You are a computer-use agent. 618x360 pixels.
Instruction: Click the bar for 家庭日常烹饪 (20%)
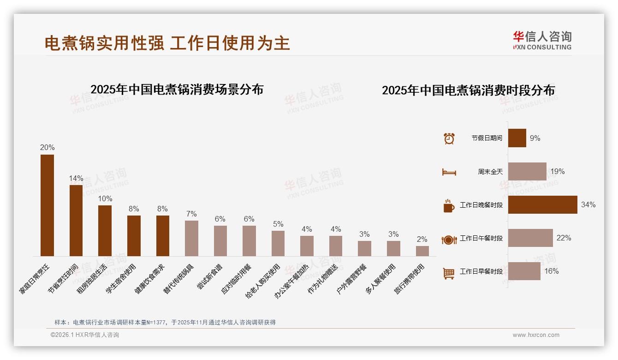(47, 205)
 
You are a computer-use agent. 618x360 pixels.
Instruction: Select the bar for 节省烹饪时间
(76, 220)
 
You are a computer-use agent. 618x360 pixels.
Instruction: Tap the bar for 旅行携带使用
(422, 251)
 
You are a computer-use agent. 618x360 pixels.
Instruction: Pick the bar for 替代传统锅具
(191, 238)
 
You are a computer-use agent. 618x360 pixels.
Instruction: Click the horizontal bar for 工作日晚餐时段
(542, 204)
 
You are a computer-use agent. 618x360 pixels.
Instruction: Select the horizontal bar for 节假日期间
(517, 138)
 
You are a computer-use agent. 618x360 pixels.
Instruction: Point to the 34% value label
(588, 204)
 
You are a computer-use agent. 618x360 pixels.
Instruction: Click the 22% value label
(564, 238)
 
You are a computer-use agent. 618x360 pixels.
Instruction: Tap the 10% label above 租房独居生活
(105, 198)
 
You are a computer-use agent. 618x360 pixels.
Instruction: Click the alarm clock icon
(449, 138)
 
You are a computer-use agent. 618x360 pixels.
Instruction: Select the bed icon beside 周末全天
(449, 172)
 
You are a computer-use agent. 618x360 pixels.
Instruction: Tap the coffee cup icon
(449, 205)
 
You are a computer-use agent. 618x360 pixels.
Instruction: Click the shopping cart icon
(449, 273)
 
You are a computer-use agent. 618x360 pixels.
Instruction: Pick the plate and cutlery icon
(449, 239)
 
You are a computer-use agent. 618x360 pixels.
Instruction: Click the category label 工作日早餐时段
(481, 271)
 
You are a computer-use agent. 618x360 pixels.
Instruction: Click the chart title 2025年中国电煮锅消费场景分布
(177, 89)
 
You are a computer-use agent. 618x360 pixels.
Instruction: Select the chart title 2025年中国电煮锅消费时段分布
(468, 90)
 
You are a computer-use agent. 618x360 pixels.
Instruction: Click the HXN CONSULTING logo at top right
(542, 40)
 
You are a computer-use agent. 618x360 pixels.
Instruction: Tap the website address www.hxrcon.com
(536, 335)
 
